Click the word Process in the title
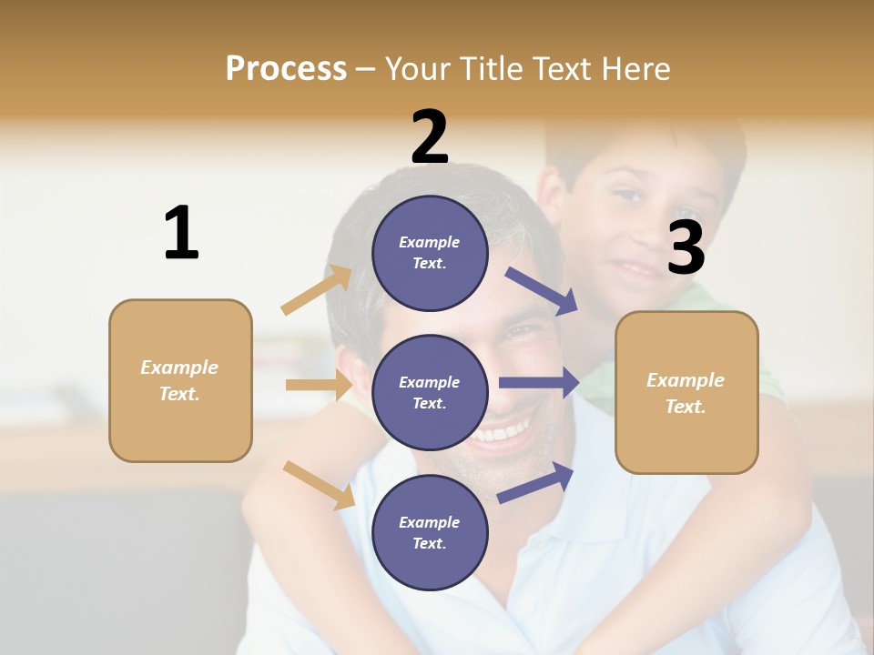pyautogui.click(x=286, y=69)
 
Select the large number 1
pyautogui.click(x=181, y=233)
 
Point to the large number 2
pyautogui.click(x=430, y=137)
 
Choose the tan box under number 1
pyautogui.click(x=180, y=380)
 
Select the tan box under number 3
pyautogui.click(x=686, y=392)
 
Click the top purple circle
pyautogui.click(x=430, y=252)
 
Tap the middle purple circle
pyautogui.click(x=430, y=392)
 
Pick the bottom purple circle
pyautogui.click(x=430, y=532)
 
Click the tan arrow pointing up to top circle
pyautogui.click(x=317, y=290)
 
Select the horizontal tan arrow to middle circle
pyautogui.click(x=319, y=385)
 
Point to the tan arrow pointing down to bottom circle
pyautogui.click(x=319, y=485)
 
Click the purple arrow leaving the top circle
pyautogui.click(x=542, y=290)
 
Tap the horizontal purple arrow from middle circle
pyautogui.click(x=539, y=383)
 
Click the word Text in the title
pyautogui.click(x=564, y=69)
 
